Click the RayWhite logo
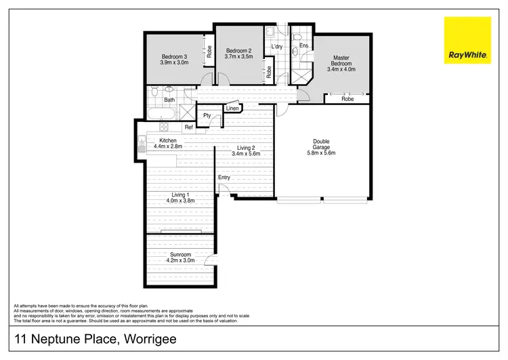click(467, 41)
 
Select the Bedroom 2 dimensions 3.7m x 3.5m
click(238, 57)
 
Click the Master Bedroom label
click(341, 62)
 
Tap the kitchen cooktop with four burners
click(163, 127)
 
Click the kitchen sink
click(141, 144)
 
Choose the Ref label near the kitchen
click(189, 127)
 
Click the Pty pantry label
click(207, 115)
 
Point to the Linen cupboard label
click(232, 108)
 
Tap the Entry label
click(224, 178)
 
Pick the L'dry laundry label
click(276, 47)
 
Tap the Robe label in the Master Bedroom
click(347, 99)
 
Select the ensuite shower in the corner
click(299, 74)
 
